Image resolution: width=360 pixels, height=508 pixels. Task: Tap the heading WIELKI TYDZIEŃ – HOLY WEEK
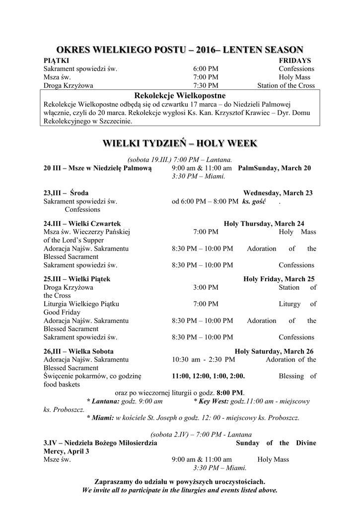[x=179, y=143]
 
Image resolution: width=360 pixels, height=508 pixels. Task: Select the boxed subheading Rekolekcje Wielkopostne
[x=180, y=95]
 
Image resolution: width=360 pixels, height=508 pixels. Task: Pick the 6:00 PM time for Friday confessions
[x=205, y=68]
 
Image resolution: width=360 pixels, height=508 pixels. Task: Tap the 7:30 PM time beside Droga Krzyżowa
[x=205, y=85]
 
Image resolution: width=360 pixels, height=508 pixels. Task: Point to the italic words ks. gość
[x=254, y=201]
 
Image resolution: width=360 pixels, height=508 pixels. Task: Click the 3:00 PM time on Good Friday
[x=205, y=287]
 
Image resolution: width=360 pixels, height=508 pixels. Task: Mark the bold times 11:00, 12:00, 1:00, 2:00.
[x=208, y=376]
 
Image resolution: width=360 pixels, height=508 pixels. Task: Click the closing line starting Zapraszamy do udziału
[x=179, y=481]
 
